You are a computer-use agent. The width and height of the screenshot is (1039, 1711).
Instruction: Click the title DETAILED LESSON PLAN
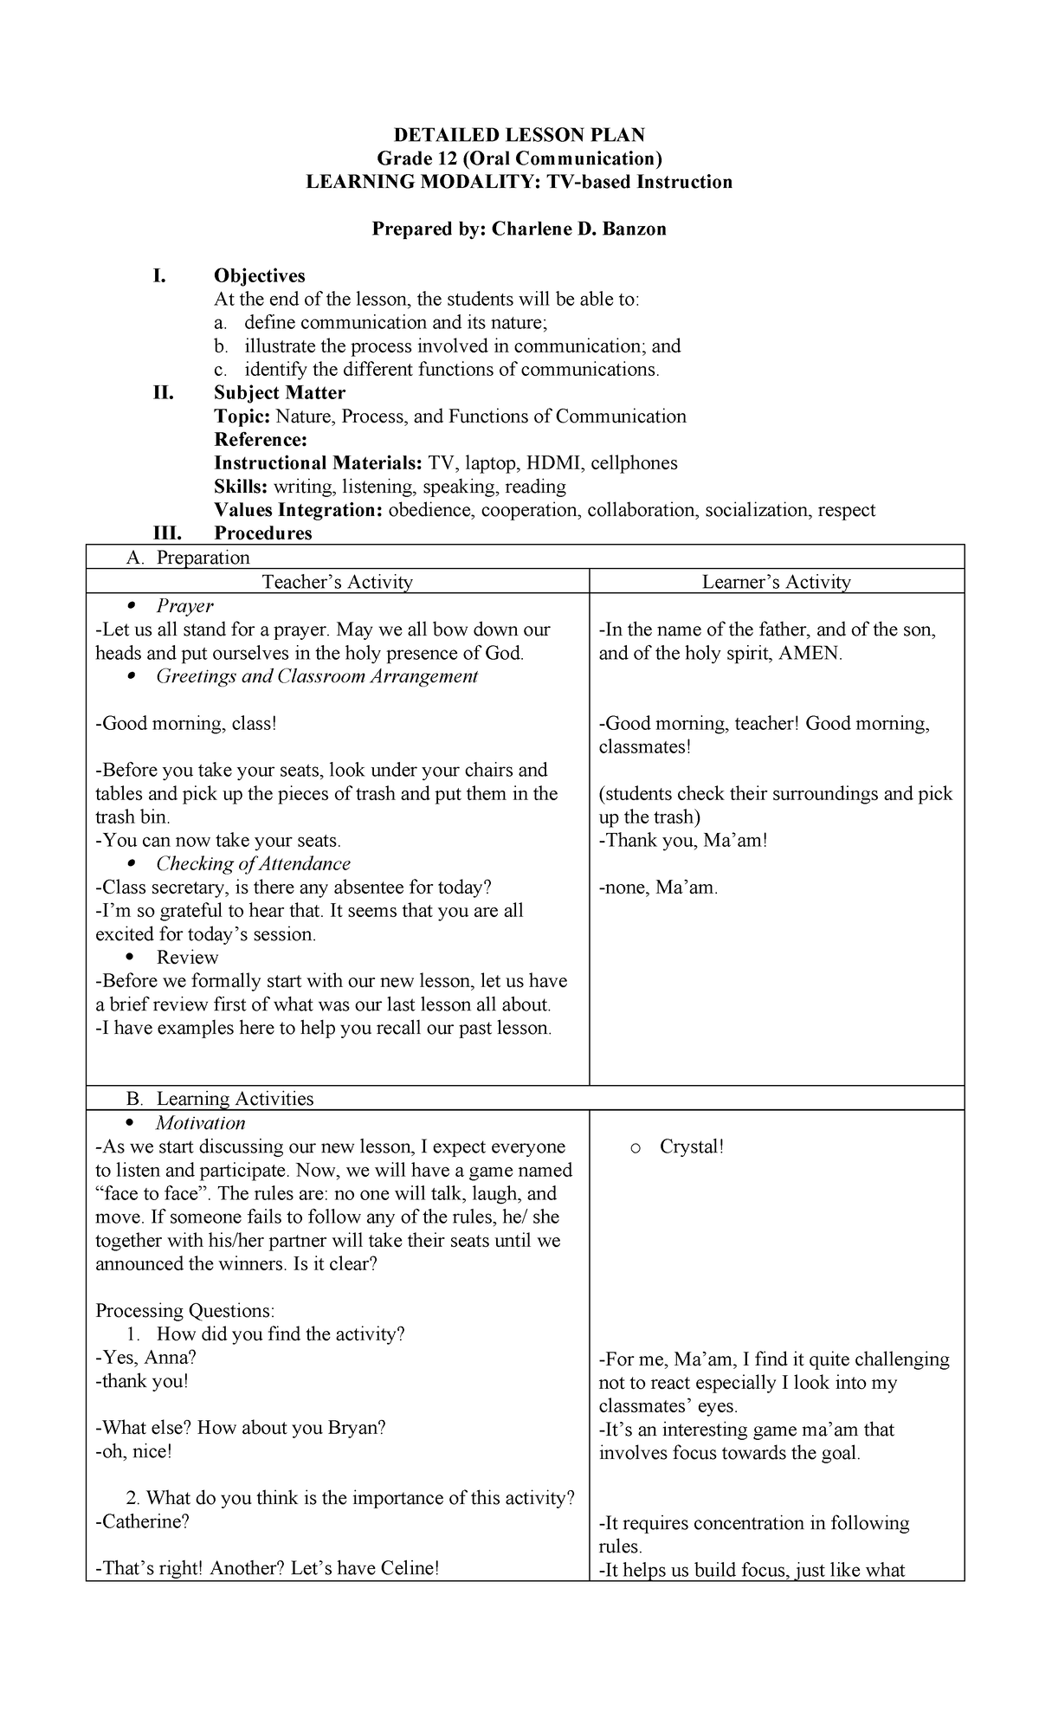(x=519, y=135)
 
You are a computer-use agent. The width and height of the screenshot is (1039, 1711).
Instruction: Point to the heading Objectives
(x=259, y=276)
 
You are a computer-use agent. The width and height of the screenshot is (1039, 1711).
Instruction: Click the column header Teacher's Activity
(x=337, y=582)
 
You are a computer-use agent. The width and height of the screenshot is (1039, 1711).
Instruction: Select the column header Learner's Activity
(x=776, y=582)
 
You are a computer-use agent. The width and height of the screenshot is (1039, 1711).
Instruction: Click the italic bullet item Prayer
(x=184, y=606)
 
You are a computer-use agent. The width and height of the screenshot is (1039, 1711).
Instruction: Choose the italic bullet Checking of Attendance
(x=253, y=863)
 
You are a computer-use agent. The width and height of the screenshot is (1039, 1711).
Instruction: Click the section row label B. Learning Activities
(x=220, y=1099)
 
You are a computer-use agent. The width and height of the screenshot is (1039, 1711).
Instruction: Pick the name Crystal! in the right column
(x=691, y=1146)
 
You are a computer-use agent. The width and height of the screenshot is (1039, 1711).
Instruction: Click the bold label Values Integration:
(x=298, y=510)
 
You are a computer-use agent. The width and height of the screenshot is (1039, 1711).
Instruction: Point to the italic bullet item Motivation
(x=200, y=1123)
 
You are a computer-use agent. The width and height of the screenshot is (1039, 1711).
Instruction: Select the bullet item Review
(x=187, y=958)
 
